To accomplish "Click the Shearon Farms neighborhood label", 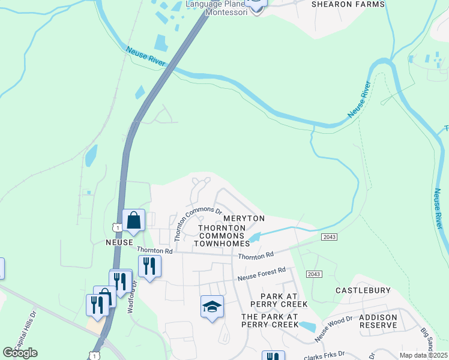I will tap(348, 4).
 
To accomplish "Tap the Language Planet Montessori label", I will tap(216, 8).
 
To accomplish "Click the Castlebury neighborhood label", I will tap(363, 290).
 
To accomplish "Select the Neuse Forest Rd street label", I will tap(261, 275).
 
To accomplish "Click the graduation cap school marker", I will tap(212, 307).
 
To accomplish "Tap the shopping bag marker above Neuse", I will tap(133, 220).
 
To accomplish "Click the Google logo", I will tap(20, 353).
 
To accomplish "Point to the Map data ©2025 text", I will tap(423, 355).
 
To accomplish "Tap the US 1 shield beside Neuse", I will tap(116, 226).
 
